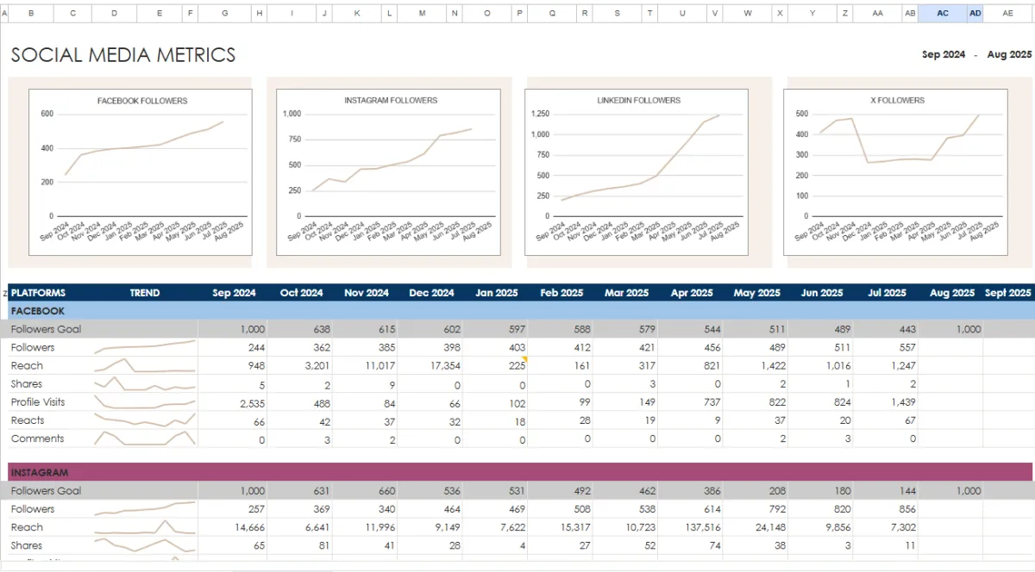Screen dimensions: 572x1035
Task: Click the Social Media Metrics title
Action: point(122,55)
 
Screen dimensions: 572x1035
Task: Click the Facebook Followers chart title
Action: point(142,101)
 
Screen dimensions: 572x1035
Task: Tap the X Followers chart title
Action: point(897,101)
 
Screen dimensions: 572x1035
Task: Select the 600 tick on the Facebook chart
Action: point(47,114)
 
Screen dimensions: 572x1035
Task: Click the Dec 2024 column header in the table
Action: point(431,293)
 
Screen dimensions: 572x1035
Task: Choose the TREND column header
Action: point(145,293)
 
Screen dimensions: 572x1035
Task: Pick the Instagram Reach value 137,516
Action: point(701,527)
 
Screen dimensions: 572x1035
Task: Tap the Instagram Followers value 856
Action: point(906,509)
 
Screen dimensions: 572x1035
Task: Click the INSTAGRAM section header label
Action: point(39,473)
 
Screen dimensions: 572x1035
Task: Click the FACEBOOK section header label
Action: point(37,311)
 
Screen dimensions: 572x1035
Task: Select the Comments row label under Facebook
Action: point(37,438)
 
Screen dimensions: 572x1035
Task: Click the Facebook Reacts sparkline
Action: point(145,420)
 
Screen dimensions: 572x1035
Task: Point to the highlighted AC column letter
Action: point(942,13)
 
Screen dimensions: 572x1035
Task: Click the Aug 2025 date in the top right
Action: point(1009,54)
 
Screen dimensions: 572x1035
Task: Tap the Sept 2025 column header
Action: point(1007,293)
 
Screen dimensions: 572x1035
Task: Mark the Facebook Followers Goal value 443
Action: point(906,329)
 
